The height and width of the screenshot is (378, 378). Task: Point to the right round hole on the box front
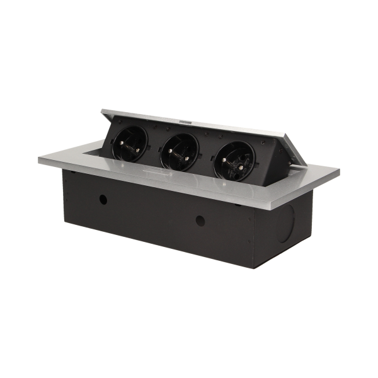click(200, 221)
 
